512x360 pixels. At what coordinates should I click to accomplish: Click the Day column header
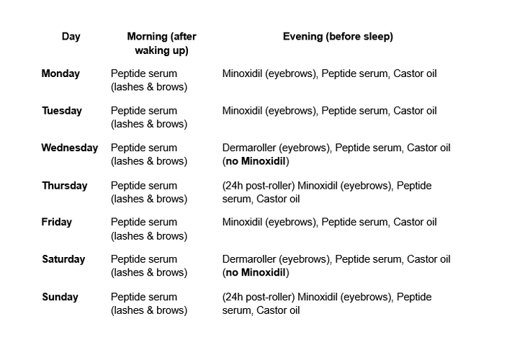tap(71, 37)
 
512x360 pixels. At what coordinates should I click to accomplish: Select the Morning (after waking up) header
tap(161, 43)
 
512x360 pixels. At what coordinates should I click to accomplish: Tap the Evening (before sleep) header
tap(338, 37)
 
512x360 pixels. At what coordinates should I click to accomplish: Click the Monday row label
tap(60, 73)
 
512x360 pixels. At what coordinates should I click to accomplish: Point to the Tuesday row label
tap(61, 111)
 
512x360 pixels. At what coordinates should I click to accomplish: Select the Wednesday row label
tap(69, 148)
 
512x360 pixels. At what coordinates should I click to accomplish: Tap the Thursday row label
tap(64, 185)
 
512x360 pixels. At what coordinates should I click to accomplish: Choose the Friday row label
tap(56, 222)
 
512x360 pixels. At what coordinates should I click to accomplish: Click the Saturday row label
tap(63, 259)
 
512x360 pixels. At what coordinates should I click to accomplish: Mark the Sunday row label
tap(60, 297)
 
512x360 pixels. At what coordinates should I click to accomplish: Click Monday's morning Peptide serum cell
tap(148, 80)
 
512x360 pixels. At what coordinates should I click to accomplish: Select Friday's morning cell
tap(148, 229)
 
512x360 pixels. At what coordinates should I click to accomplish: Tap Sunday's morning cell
tap(148, 303)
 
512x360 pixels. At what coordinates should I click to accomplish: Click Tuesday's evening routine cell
tap(329, 111)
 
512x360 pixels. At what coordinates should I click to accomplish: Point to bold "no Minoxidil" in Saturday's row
tap(256, 273)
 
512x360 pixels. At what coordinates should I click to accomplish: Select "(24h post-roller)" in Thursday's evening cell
tap(259, 185)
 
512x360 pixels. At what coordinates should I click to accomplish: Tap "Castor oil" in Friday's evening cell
tap(415, 222)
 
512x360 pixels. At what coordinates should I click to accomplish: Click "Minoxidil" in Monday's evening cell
tap(243, 73)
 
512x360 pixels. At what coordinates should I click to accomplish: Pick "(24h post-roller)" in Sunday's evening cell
tap(259, 297)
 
